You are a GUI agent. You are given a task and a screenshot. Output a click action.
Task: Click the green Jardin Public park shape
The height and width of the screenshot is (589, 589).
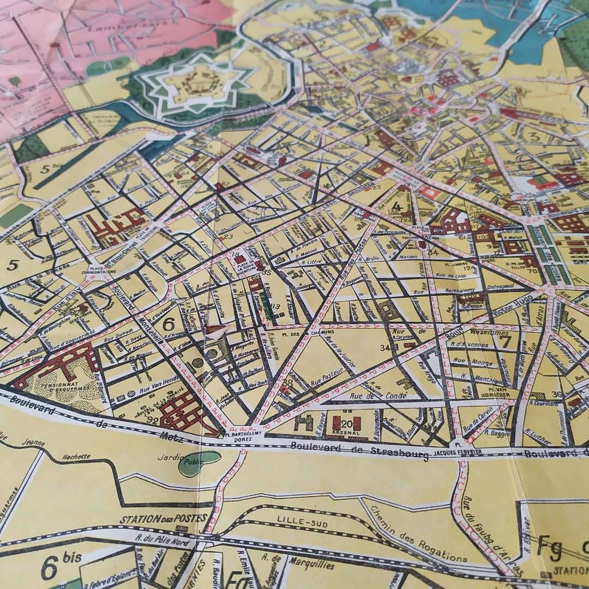coord(199,462)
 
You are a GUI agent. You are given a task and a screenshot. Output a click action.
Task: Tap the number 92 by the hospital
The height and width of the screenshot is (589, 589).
coord(153,420)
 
